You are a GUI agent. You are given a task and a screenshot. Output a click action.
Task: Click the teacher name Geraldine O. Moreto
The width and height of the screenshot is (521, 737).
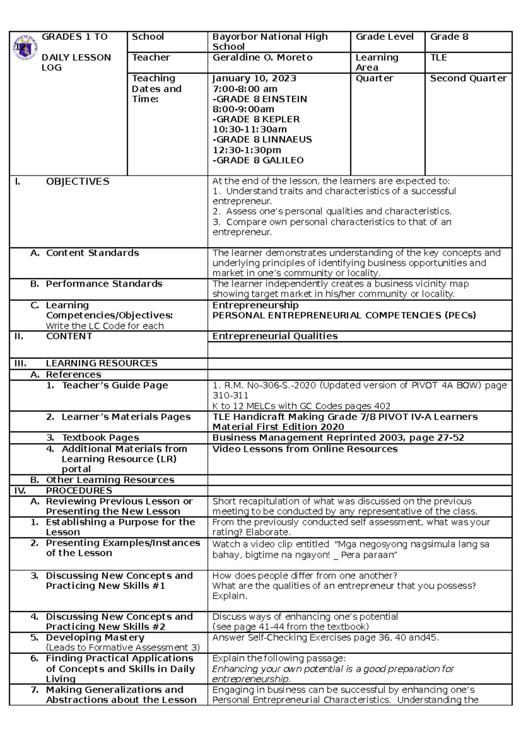pyautogui.click(x=262, y=58)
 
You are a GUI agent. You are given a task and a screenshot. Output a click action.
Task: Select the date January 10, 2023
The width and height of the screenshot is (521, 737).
pyautogui.click(x=254, y=79)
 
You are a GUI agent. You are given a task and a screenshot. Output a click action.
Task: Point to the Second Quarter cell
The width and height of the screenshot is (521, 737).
pyautogui.click(x=468, y=79)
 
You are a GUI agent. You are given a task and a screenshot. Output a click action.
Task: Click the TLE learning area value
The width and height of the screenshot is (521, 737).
pyautogui.click(x=438, y=58)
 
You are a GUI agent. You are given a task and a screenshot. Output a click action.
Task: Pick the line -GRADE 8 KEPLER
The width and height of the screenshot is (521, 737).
pyautogui.click(x=256, y=119)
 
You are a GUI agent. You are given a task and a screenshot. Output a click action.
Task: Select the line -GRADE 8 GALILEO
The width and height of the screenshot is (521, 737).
pyautogui.click(x=258, y=161)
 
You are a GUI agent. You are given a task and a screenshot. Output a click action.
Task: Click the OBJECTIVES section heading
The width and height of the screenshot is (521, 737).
pyautogui.click(x=77, y=182)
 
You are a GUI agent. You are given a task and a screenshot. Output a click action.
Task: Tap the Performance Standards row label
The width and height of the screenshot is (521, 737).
pyautogui.click(x=104, y=284)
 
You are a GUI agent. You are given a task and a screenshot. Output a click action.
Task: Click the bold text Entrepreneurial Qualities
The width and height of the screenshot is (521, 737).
pyautogui.click(x=275, y=336)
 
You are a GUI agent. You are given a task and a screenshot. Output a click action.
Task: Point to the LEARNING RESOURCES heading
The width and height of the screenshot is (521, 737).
pyautogui.click(x=101, y=363)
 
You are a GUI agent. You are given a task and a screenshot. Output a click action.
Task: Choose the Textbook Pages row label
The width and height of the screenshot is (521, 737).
pyautogui.click(x=100, y=438)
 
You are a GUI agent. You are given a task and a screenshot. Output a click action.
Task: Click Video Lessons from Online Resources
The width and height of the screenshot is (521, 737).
pyautogui.click(x=305, y=449)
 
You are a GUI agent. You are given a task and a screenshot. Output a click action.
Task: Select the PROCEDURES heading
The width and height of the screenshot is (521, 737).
pyautogui.click(x=79, y=491)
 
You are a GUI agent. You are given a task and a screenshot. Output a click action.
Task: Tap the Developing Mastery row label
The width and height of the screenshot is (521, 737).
pyautogui.click(x=95, y=638)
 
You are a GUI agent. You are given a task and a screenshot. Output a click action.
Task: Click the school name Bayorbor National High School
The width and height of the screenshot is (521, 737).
pyautogui.click(x=270, y=42)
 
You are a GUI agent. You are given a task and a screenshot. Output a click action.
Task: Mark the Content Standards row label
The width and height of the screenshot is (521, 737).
pyautogui.click(x=92, y=253)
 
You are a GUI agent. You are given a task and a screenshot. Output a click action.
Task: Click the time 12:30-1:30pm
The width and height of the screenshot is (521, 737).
pyautogui.click(x=247, y=150)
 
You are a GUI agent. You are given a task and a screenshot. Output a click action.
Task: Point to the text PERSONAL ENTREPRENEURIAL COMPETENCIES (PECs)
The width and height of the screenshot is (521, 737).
pyautogui.click(x=344, y=316)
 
